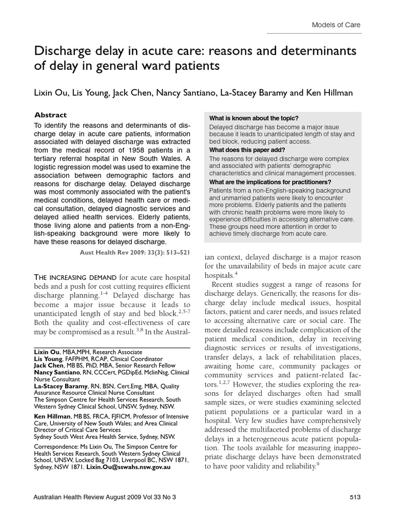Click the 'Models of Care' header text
click(x=336, y=25)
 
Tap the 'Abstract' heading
click(x=50, y=115)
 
